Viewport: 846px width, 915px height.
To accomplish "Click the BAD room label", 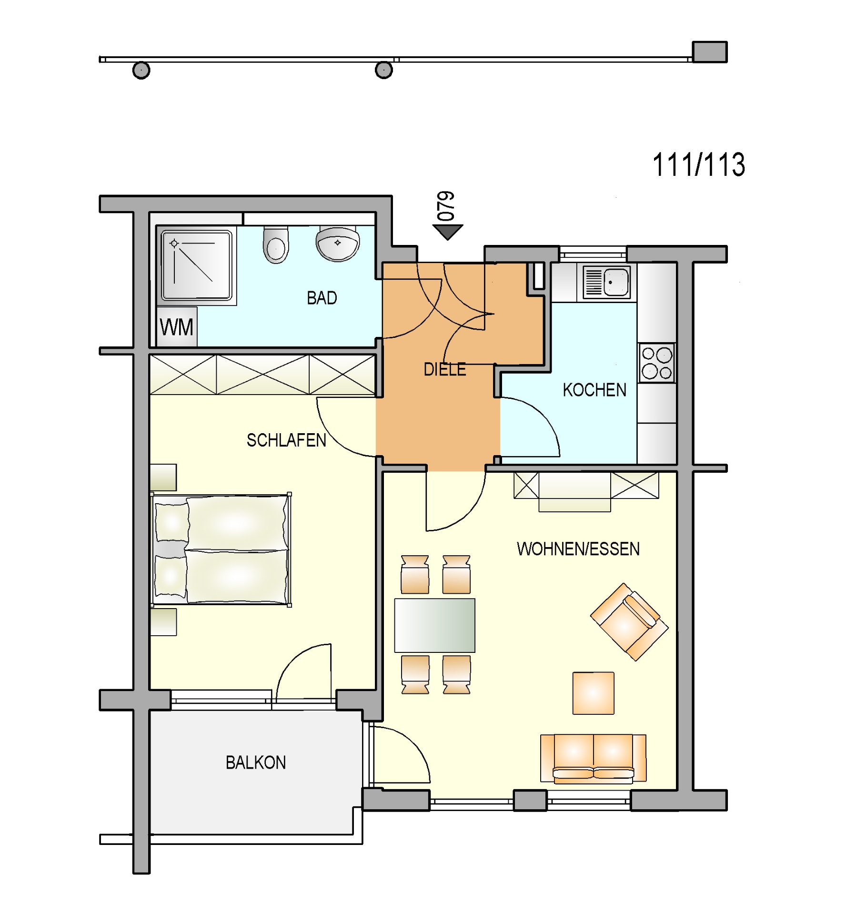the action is [x=322, y=298].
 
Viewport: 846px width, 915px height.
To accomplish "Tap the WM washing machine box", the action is [x=177, y=327].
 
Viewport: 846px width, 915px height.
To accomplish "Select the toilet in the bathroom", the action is [x=276, y=245].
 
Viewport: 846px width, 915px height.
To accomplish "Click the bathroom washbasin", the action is [x=338, y=244].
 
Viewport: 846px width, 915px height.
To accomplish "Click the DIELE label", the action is [x=445, y=369].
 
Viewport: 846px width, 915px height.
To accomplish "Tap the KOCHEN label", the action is [x=594, y=390].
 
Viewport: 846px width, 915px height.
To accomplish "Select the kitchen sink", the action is [x=606, y=282].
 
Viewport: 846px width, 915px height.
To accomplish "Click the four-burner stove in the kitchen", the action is [x=657, y=363].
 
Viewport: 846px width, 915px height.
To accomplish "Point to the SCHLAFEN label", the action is [x=286, y=440].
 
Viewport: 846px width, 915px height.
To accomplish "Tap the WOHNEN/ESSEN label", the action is [x=578, y=549].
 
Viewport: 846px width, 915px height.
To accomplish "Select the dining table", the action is [x=434, y=625].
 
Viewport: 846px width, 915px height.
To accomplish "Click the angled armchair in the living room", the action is [x=629, y=622].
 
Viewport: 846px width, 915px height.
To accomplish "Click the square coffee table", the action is [x=593, y=693].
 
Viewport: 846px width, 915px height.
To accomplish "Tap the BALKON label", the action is [x=256, y=762].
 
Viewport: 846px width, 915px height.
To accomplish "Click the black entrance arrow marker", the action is [x=448, y=232].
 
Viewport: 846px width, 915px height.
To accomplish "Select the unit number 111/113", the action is [x=698, y=165].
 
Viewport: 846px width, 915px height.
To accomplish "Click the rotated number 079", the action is [x=446, y=206].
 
